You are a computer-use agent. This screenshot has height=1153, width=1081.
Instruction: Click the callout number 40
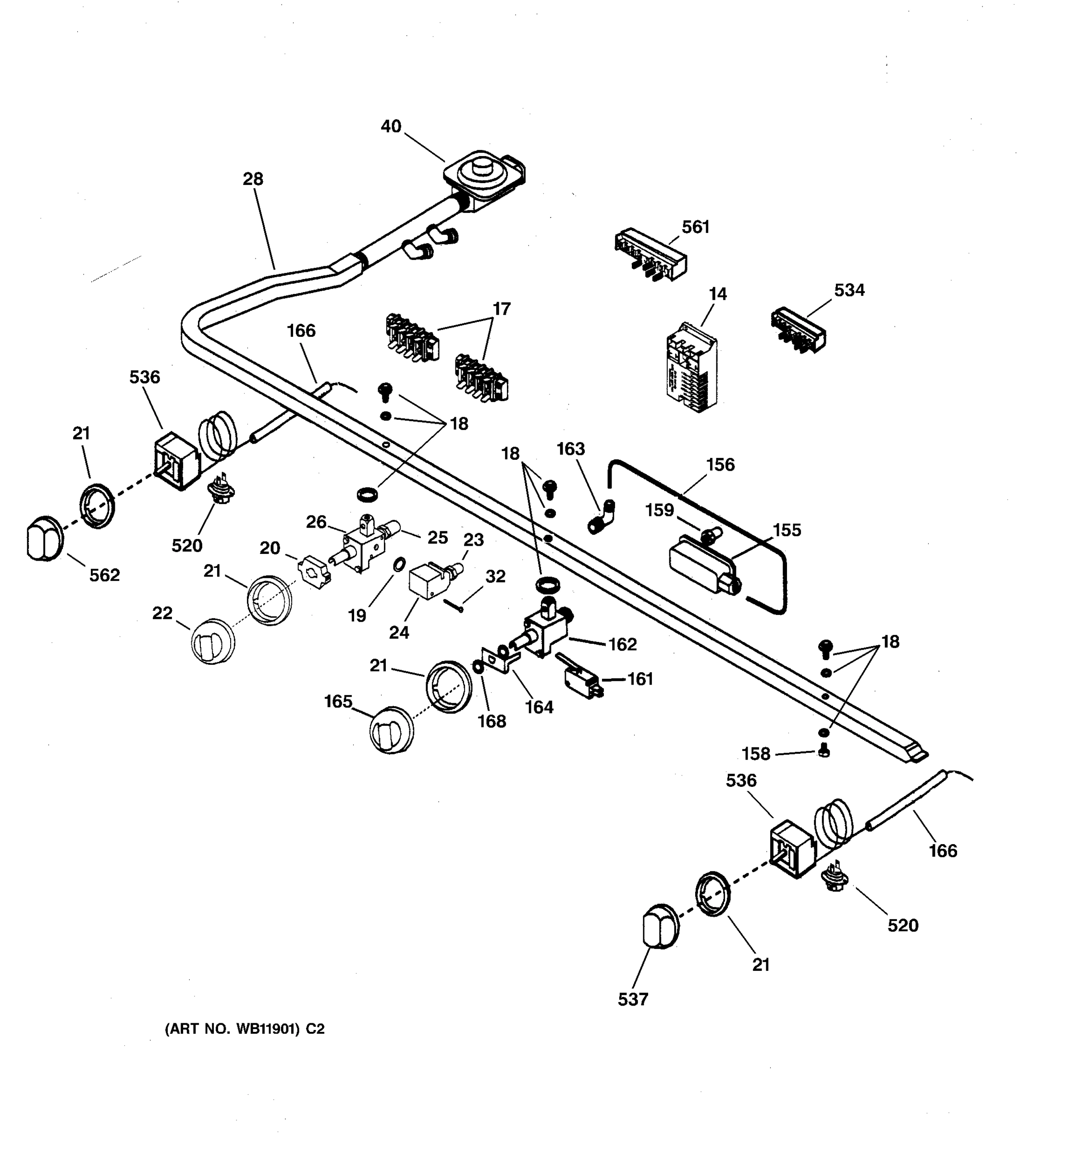pyautogui.click(x=391, y=126)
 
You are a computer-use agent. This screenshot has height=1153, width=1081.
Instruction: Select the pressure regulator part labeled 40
pyautogui.click(x=482, y=177)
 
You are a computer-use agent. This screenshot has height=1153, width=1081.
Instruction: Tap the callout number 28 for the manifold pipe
pyautogui.click(x=253, y=179)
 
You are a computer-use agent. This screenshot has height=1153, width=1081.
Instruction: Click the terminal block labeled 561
pyautogui.click(x=650, y=257)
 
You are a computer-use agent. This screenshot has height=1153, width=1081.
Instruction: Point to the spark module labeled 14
pyautogui.click(x=692, y=367)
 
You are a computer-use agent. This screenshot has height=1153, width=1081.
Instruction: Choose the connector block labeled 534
pyautogui.click(x=798, y=330)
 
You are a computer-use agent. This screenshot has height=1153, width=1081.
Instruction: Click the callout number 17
pyautogui.click(x=501, y=309)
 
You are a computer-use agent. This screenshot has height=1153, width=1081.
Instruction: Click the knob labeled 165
pyautogui.click(x=392, y=730)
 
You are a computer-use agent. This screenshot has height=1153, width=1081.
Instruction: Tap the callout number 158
pyautogui.click(x=756, y=754)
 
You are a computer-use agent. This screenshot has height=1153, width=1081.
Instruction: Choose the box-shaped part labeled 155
pyautogui.click(x=700, y=563)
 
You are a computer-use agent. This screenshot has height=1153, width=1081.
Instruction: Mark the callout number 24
pyautogui.click(x=399, y=633)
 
